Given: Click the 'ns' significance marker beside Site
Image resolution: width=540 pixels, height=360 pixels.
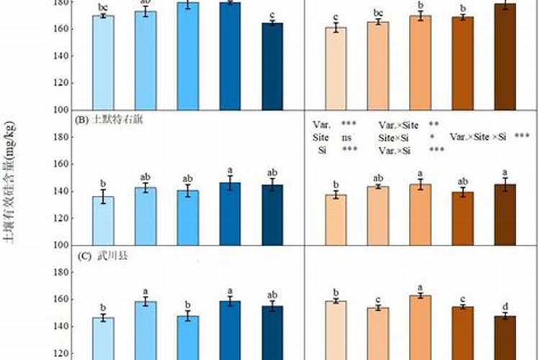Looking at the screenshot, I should [346, 137].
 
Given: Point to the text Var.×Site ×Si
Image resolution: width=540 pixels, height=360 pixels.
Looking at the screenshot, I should [478, 137].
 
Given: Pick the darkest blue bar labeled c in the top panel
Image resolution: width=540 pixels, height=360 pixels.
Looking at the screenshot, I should [272, 66].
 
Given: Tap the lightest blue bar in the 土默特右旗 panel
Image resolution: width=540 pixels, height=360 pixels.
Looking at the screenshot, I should [103, 220].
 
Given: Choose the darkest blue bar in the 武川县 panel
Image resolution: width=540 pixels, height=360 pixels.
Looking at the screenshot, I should [272, 333].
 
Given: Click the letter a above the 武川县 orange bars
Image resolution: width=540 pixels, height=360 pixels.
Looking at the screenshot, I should [420, 286].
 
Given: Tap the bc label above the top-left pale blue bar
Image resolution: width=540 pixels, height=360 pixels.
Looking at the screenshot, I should [103, 6].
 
